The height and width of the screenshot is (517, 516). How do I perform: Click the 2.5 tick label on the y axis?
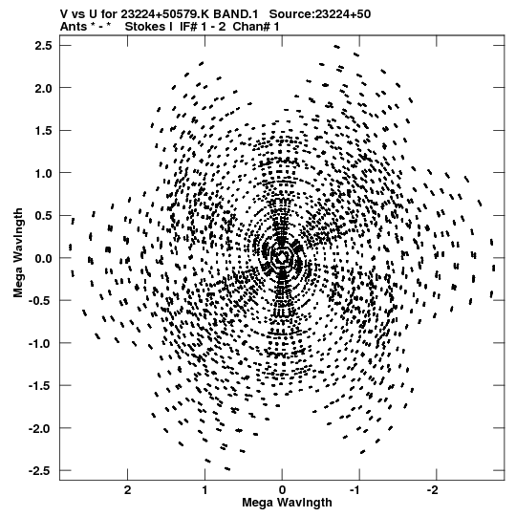click(x=43, y=46)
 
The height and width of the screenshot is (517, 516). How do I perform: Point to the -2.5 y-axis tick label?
click(x=40, y=470)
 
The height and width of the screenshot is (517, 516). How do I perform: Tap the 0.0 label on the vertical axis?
click(x=43, y=258)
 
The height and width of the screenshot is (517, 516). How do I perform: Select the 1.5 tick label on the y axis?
click(x=43, y=131)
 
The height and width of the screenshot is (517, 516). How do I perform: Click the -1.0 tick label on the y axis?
click(x=40, y=343)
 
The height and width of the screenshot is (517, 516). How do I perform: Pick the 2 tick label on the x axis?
click(x=128, y=490)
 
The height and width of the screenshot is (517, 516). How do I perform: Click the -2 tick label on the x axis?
click(x=433, y=490)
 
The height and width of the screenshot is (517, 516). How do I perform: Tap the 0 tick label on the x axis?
click(x=282, y=490)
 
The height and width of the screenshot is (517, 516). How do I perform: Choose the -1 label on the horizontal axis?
click(x=355, y=490)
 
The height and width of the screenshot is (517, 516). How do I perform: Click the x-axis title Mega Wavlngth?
click(x=287, y=503)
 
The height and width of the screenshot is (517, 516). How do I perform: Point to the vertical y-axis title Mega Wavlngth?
click(x=18, y=253)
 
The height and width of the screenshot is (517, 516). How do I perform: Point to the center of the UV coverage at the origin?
click(x=282, y=258)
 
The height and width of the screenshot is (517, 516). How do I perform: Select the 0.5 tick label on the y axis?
click(x=43, y=216)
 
